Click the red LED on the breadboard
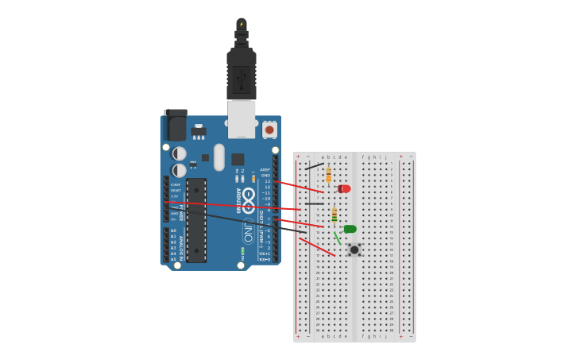344,188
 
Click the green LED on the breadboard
350,229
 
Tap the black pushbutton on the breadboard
354,250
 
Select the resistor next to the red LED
328,175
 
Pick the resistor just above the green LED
334,215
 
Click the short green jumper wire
337,238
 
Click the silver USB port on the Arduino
242,118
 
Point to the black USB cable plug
242,75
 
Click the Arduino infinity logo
249,195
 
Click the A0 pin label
173,230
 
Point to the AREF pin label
265,169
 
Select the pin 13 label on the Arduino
267,181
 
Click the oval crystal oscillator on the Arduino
219,157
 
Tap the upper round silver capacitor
180,153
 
